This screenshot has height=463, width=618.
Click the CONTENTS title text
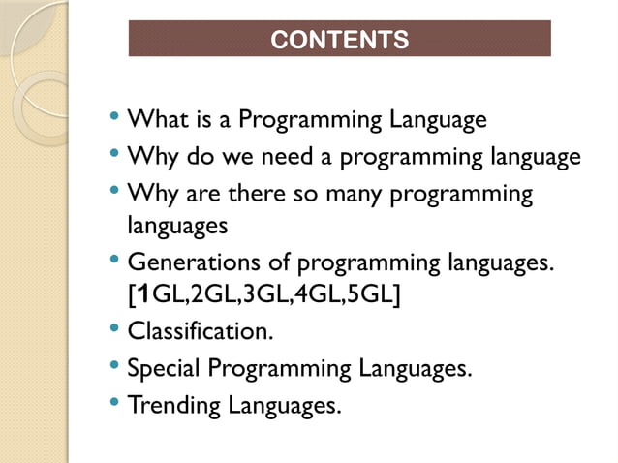[339, 40]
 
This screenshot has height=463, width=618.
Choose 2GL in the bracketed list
[196, 294]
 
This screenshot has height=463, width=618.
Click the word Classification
[199, 332]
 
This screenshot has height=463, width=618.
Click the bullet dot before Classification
[115, 330]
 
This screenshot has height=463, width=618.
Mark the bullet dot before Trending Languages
[115, 402]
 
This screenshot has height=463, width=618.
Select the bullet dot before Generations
[115, 261]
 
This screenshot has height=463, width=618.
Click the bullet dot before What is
[115, 119]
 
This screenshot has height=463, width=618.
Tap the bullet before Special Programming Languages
[115, 366]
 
